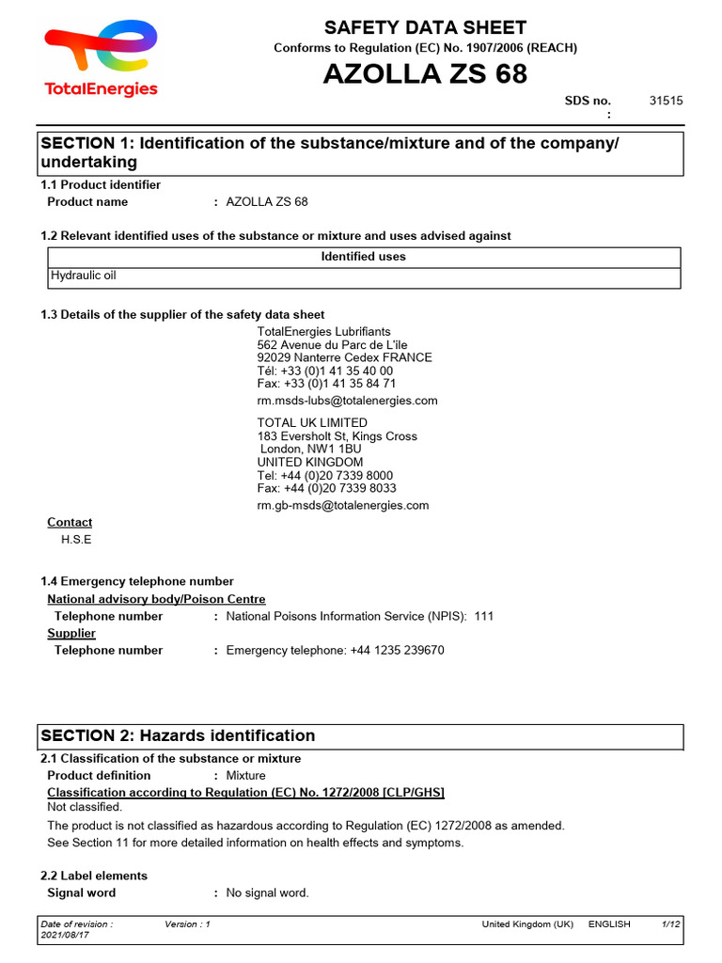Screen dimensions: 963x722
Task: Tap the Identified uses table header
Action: [x=363, y=257]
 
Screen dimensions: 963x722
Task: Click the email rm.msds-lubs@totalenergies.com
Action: [x=347, y=401]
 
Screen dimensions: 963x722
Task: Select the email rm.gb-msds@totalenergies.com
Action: [x=342, y=505]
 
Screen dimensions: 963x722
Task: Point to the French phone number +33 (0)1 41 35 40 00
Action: [x=325, y=371]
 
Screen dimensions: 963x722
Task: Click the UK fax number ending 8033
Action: [x=326, y=488]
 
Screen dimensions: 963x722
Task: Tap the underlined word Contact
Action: [x=70, y=522]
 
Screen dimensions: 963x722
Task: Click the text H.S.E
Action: [x=76, y=540]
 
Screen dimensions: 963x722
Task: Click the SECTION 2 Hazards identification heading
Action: [x=178, y=735]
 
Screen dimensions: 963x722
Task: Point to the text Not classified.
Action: [x=85, y=807]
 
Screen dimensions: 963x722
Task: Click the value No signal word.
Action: [x=267, y=892]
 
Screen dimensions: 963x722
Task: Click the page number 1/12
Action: [x=669, y=924]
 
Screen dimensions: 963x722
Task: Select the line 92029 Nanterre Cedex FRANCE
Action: [x=344, y=357]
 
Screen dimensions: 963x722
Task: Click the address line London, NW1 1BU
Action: [x=310, y=450]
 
